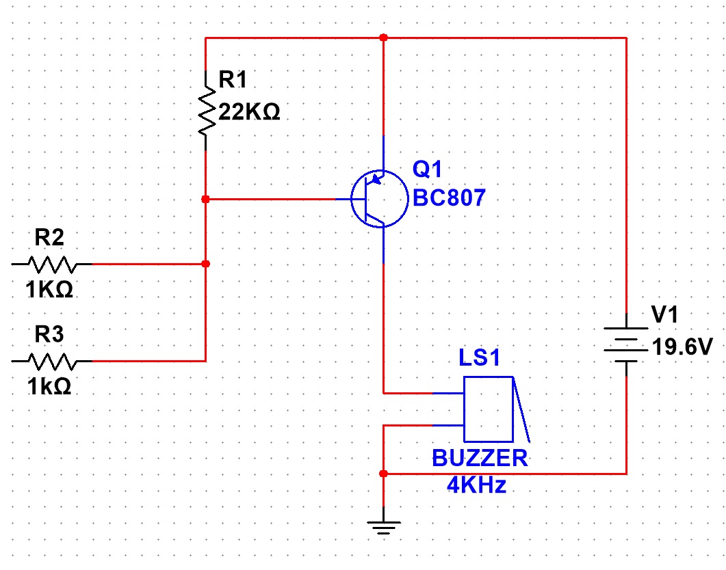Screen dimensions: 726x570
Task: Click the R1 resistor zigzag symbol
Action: point(207,111)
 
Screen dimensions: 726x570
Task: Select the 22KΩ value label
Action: point(249,112)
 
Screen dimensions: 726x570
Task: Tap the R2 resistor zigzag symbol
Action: point(52,264)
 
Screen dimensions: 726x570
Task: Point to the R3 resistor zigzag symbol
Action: point(52,361)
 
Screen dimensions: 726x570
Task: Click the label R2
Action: point(49,238)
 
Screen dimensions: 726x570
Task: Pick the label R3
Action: point(49,334)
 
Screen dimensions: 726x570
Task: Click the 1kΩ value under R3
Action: point(49,386)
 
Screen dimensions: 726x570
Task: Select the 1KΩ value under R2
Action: point(49,290)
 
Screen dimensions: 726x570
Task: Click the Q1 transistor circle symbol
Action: point(380,171)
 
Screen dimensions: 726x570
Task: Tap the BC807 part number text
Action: point(449,198)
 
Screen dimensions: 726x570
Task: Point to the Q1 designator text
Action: point(427,169)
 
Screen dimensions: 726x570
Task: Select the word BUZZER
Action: point(480,459)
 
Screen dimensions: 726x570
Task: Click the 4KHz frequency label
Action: point(476,485)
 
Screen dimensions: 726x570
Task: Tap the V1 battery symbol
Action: point(627,345)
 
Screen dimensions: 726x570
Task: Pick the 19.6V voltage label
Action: point(682,347)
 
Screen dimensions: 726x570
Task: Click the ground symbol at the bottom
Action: point(383,526)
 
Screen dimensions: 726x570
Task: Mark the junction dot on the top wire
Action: point(383,38)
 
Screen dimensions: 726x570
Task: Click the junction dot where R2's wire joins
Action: point(206,264)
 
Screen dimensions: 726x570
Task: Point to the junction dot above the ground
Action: point(383,474)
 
